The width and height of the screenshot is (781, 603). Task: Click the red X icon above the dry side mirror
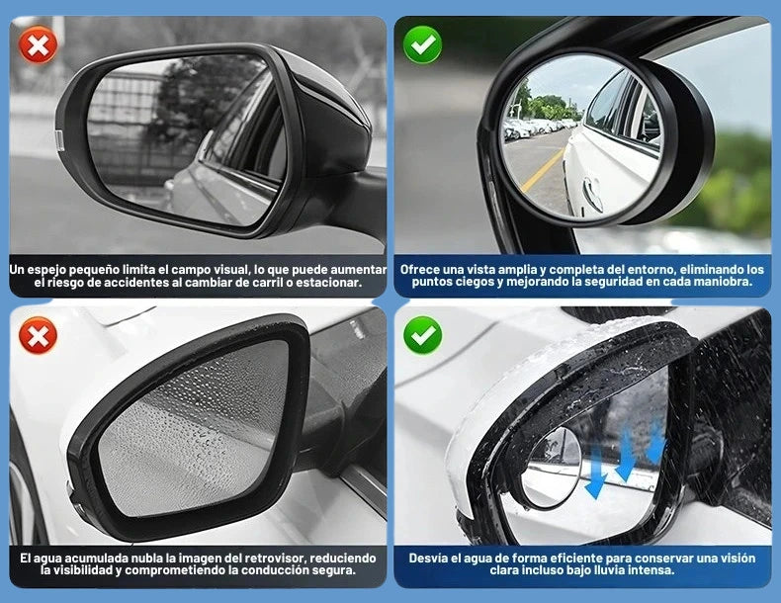38,45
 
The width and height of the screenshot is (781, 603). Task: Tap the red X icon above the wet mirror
38,336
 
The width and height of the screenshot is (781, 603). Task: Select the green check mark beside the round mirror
422,45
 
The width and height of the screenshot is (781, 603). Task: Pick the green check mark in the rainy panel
422,335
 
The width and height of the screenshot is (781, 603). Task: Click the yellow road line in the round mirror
542,170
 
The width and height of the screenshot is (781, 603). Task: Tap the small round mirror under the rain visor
551,468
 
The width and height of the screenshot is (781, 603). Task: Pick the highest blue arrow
656,442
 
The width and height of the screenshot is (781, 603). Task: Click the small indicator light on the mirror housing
58,141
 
